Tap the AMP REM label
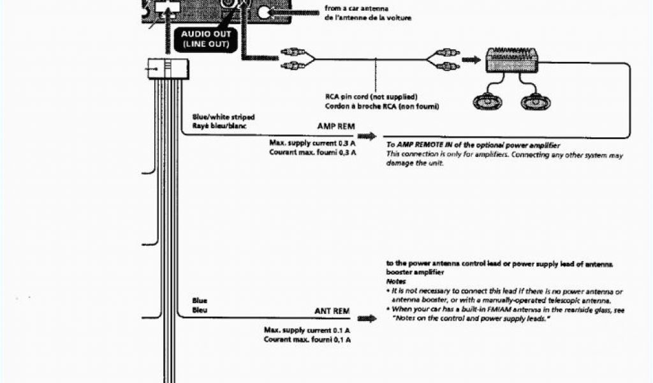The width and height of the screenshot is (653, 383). [335, 126]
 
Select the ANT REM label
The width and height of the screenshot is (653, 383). [332, 311]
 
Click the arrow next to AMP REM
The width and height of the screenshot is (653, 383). [366, 137]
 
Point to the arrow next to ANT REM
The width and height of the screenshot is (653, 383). [366, 317]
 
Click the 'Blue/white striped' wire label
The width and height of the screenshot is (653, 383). [223, 117]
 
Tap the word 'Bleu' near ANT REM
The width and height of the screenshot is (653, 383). [200, 310]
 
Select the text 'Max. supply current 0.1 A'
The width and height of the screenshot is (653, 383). [307, 330]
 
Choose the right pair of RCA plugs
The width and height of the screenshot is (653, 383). [444, 60]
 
